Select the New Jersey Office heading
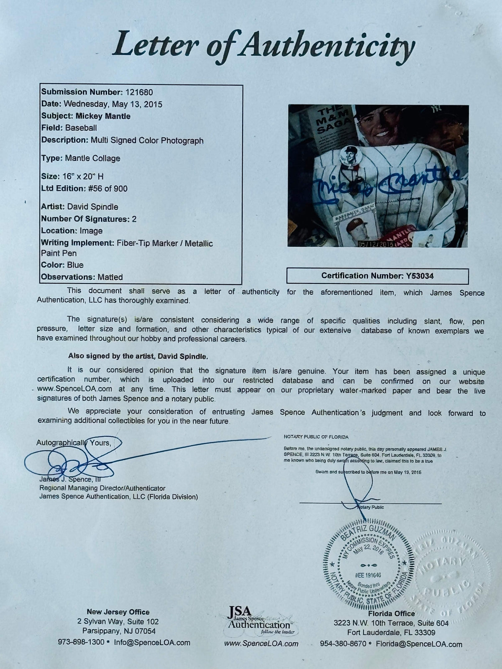118,612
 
